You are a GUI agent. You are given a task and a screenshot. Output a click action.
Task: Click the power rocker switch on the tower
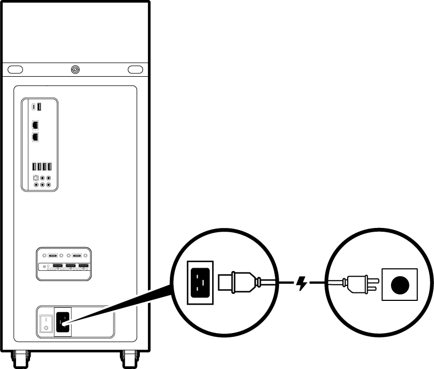46,322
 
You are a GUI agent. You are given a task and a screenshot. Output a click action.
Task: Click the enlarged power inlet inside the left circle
199,281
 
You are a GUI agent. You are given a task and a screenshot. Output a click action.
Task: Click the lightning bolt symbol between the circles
302,283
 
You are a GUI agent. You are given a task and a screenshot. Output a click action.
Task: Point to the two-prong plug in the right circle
356,283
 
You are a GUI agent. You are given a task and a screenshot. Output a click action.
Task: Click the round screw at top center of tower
74,69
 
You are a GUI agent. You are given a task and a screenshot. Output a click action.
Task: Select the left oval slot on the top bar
15,69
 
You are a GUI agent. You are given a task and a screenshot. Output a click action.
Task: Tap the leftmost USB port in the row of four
33,167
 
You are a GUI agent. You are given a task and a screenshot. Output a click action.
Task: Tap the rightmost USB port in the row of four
49,167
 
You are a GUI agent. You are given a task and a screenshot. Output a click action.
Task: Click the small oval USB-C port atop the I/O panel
34,106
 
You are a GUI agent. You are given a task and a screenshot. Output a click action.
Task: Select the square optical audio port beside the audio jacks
35,177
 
